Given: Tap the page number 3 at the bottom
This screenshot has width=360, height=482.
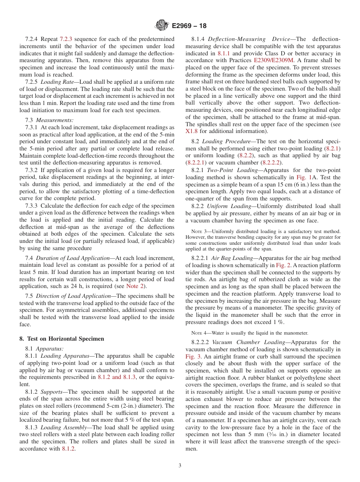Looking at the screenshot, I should (x=180, y=465).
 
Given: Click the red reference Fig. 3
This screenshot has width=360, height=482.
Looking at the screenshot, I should (x=192, y=357).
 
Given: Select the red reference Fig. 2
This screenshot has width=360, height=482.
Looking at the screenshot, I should (x=283, y=265).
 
